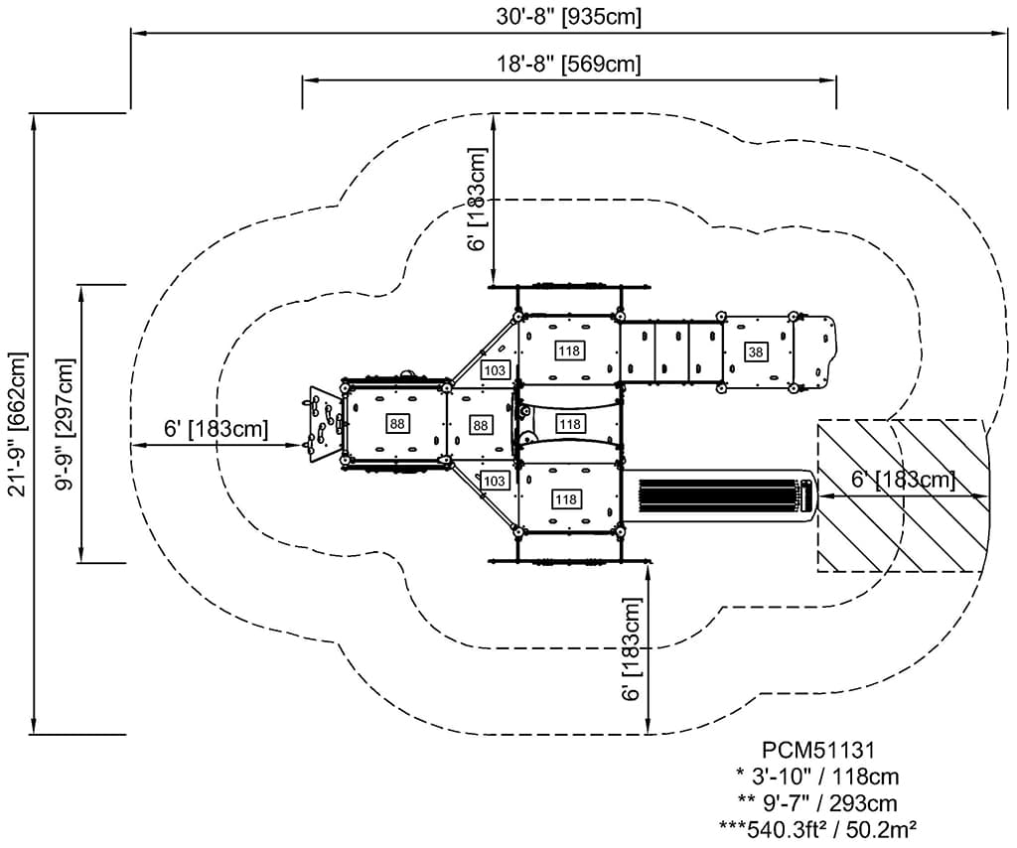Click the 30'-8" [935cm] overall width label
tap(569, 16)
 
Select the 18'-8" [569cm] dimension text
tap(569, 65)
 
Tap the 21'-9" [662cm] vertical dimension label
tap(18, 424)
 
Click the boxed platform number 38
tap(756, 353)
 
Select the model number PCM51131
tap(818, 750)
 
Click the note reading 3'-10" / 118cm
tap(818, 777)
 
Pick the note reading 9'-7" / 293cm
tap(817, 803)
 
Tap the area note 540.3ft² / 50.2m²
tap(818, 830)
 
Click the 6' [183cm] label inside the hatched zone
tap(903, 480)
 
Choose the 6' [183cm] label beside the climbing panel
tap(216, 429)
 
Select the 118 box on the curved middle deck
tap(569, 424)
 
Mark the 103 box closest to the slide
tap(495, 481)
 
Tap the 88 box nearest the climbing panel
tap(397, 424)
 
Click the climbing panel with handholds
tap(323, 425)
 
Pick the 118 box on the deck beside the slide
tap(566, 499)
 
